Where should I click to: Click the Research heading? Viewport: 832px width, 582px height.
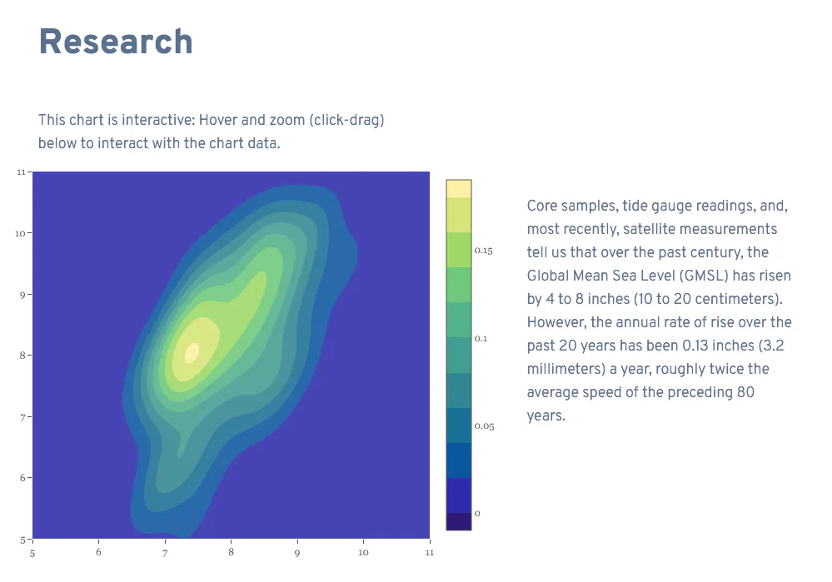[116, 42]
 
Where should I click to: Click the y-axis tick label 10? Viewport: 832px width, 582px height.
[20, 233]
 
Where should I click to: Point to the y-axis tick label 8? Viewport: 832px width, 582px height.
[22, 356]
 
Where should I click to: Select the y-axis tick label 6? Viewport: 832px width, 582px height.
[22, 478]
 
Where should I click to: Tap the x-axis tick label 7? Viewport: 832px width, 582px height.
[165, 553]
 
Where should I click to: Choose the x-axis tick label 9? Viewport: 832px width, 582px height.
[297, 553]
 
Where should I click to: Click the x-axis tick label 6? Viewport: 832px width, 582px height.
[99, 552]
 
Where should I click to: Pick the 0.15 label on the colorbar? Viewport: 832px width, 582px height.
[483, 251]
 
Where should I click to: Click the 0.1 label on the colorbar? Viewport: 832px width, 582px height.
[481, 339]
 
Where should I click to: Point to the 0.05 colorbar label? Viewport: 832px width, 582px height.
[485, 426]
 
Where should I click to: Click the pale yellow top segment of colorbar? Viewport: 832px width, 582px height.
[458, 189]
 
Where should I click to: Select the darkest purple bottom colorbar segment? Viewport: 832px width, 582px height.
[458, 521]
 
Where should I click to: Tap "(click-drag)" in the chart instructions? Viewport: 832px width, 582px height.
[346, 120]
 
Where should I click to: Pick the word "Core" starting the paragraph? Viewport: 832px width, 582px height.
[541, 206]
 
